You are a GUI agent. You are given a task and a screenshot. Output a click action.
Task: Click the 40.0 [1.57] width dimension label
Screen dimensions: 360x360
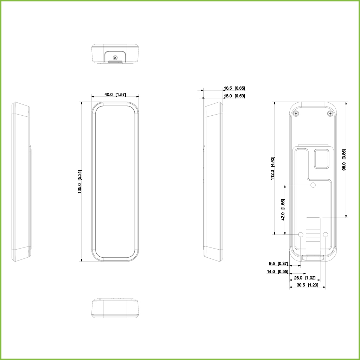(115, 95)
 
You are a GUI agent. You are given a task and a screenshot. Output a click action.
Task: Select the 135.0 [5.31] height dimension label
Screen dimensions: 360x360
(79, 182)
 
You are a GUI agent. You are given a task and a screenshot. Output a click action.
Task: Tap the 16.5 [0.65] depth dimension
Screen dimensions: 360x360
(234, 88)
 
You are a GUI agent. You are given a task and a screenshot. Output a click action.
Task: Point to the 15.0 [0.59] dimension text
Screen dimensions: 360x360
(234, 96)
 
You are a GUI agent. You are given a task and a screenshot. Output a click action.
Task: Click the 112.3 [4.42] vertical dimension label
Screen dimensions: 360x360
(272, 168)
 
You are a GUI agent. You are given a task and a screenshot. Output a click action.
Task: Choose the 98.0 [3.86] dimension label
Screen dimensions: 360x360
(344, 160)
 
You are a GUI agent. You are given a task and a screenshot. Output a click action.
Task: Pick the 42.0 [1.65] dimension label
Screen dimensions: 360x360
(283, 210)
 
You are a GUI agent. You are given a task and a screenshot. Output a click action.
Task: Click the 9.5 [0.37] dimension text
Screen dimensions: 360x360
(278, 264)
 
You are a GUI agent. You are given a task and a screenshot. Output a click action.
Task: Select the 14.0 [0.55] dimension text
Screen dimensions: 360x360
(277, 272)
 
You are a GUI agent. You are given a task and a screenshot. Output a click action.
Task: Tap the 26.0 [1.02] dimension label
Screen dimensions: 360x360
(305, 278)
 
